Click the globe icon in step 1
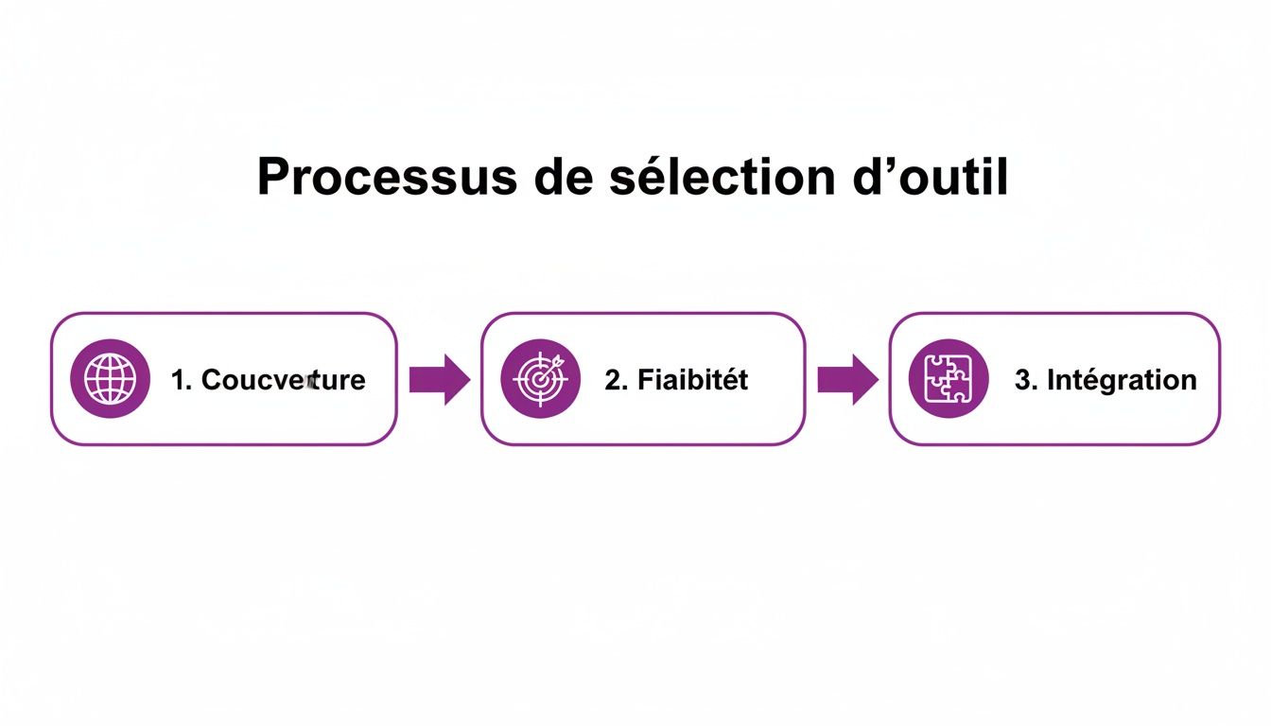point(110,379)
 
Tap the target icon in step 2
point(540,379)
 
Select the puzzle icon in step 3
point(949,379)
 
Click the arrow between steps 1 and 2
point(439,379)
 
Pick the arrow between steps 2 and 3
point(847,379)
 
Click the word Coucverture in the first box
point(284,380)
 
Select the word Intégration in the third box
point(1121,380)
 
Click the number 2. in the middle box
point(616,380)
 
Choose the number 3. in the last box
point(1025,380)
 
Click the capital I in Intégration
point(1050,380)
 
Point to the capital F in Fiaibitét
point(645,380)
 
